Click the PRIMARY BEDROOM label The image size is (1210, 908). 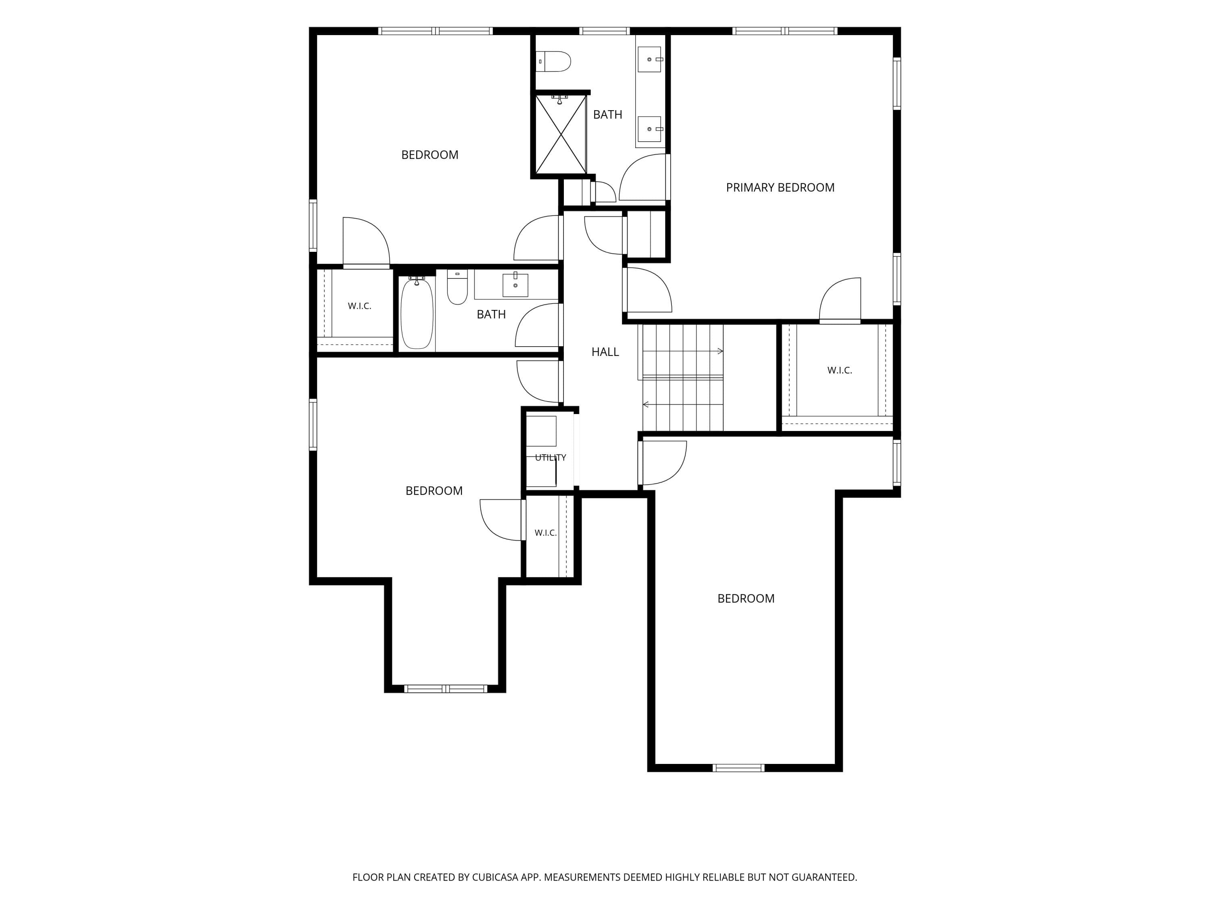pyautogui.click(x=780, y=188)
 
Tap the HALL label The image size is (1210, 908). pyautogui.click(x=605, y=352)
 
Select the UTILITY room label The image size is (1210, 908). pyautogui.click(x=550, y=458)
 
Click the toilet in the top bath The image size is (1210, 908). pyautogui.click(x=554, y=61)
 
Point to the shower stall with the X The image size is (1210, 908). pyautogui.click(x=561, y=134)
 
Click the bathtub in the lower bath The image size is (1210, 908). pyautogui.click(x=417, y=313)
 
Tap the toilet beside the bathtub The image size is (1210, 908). pyautogui.click(x=457, y=287)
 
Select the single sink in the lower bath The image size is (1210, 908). pyautogui.click(x=515, y=285)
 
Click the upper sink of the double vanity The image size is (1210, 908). pyautogui.click(x=650, y=59)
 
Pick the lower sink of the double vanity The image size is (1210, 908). pyautogui.click(x=650, y=129)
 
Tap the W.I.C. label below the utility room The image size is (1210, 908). pyautogui.click(x=545, y=533)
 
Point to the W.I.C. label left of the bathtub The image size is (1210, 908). pyautogui.click(x=359, y=306)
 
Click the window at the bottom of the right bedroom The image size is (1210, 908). pyautogui.click(x=739, y=768)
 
